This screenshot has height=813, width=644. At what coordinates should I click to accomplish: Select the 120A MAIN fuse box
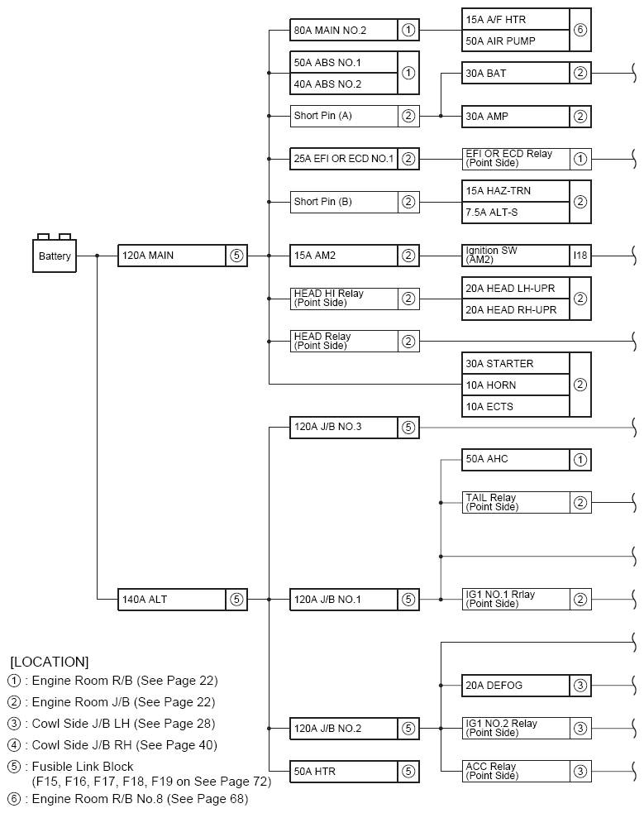click(x=172, y=255)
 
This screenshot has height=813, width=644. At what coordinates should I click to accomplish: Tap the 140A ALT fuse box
click(x=172, y=599)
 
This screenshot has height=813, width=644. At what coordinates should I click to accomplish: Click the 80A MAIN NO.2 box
click(x=344, y=31)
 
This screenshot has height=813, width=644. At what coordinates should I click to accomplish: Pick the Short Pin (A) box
click(x=344, y=116)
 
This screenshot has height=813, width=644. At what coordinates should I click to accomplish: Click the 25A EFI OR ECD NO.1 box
click(x=344, y=159)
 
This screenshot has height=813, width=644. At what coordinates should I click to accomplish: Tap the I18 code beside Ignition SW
click(x=580, y=255)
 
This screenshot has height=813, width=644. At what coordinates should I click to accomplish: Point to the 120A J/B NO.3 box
click(x=344, y=428)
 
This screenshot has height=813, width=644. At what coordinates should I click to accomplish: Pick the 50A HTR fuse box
click(x=344, y=772)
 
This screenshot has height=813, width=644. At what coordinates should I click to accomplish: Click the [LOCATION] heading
click(x=50, y=662)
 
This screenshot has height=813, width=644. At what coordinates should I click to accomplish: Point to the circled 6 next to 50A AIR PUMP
click(x=580, y=30)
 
